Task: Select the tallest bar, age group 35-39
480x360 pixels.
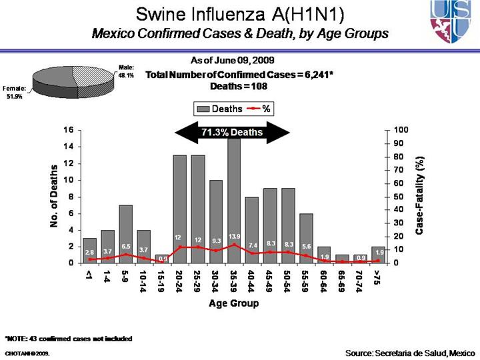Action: coord(234,200)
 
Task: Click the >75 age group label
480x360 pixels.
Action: coord(378,279)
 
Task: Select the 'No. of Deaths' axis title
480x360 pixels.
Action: coord(55,196)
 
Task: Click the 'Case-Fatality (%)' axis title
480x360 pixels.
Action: coord(419,195)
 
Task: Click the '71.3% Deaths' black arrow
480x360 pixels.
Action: coord(232,133)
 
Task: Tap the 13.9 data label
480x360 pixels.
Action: coord(234,237)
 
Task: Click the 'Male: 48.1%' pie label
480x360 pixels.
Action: coord(126,71)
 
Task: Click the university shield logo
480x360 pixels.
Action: coord(453,21)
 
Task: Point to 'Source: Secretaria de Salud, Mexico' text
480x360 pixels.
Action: coord(410,351)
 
